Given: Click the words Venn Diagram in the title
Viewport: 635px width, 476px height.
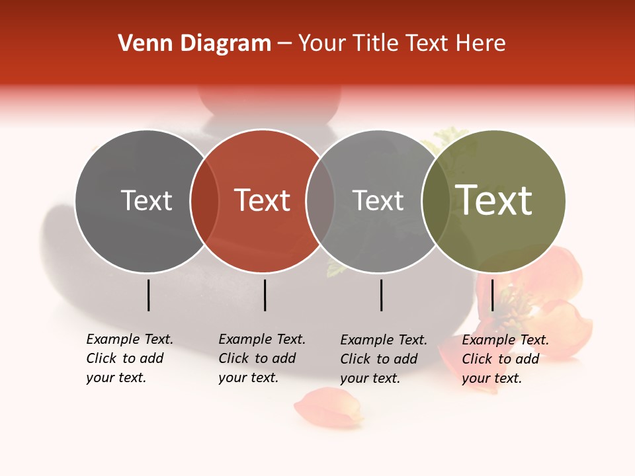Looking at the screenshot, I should click(x=194, y=44).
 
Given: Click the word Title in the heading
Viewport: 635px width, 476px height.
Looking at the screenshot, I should click(x=375, y=44).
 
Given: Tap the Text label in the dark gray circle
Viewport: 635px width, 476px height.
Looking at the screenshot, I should click(x=146, y=200).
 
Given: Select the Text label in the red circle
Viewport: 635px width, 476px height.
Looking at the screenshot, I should click(x=262, y=200).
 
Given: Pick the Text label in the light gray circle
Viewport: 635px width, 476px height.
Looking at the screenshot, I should click(x=378, y=200).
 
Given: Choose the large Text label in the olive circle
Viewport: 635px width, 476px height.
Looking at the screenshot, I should click(x=494, y=200).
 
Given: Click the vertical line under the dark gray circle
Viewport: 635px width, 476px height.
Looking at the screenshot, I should click(x=148, y=295).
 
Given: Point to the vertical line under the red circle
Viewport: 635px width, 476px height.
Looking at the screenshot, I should click(x=265, y=295).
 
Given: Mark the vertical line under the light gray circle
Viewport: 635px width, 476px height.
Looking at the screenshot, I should click(x=382, y=295).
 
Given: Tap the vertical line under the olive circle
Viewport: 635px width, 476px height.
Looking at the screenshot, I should click(x=492, y=295).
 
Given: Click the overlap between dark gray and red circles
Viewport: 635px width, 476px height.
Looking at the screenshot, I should click(x=204, y=200).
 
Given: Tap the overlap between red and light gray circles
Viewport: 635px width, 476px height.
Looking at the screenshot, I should click(x=320, y=200).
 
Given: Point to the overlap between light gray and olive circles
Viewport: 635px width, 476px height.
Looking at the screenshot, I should click(x=436, y=200).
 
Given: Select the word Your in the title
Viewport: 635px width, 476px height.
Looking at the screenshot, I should click(x=320, y=44).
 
